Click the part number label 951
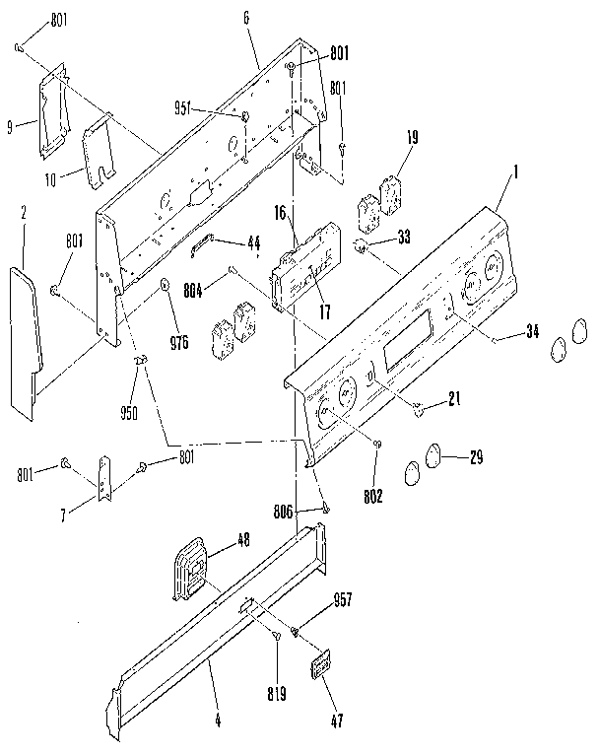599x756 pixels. coord(213,109)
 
